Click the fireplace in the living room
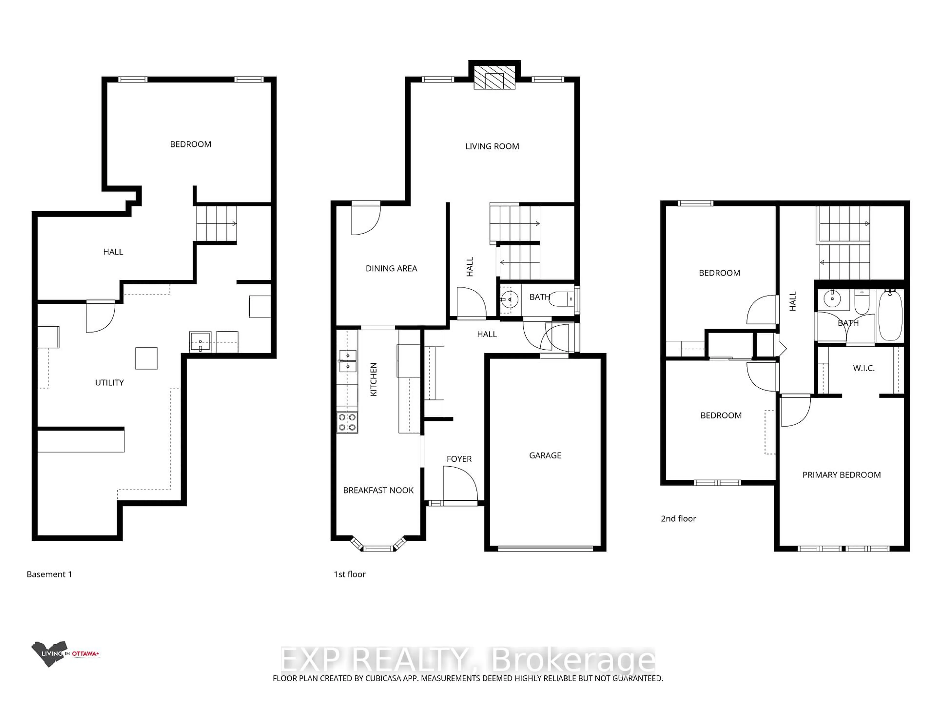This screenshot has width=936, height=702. [494, 78]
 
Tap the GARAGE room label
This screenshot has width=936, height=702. [545, 455]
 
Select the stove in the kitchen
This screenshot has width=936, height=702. [347, 422]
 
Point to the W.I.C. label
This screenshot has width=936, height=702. [864, 368]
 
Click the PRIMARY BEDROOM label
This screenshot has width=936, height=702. [841, 475]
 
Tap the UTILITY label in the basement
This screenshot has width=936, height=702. [109, 382]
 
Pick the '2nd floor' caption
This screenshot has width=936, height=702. [678, 518]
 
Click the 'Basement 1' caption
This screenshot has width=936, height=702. [49, 574]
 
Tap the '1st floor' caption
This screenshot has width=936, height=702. [350, 574]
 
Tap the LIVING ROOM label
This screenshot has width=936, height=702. [492, 146]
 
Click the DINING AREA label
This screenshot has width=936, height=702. [391, 268]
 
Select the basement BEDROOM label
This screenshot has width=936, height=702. [190, 144]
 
